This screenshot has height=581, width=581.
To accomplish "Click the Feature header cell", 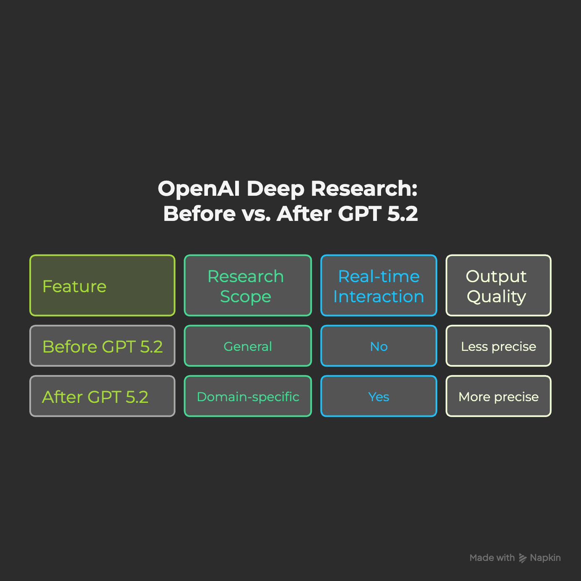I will [x=102, y=285].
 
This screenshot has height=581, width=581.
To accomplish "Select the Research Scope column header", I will [x=248, y=285].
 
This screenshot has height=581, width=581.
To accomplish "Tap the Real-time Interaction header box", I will [x=379, y=285].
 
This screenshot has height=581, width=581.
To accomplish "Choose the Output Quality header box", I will [x=498, y=285].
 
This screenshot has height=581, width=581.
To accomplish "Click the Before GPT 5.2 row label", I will [x=102, y=346].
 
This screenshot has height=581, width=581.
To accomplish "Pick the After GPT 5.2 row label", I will [x=102, y=397].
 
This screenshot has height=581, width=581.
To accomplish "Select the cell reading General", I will [x=248, y=346].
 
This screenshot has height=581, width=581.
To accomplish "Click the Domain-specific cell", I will [x=248, y=397].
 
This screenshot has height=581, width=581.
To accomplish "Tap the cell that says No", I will [x=379, y=346].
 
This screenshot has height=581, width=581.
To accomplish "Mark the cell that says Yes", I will [x=379, y=397].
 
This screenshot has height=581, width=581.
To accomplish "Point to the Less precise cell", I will [x=498, y=346].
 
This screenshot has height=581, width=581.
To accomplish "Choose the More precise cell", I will [x=498, y=397].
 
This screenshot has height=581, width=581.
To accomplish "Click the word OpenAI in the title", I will [x=199, y=189].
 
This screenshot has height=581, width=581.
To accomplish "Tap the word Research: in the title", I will [x=364, y=189].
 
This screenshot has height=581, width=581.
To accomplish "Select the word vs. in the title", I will [x=256, y=214].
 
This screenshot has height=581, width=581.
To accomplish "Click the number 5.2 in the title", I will [x=402, y=214].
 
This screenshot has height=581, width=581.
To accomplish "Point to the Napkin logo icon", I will [x=522, y=558].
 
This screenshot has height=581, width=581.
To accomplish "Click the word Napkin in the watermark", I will [x=545, y=558].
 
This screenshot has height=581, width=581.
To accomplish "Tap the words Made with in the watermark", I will [x=492, y=558].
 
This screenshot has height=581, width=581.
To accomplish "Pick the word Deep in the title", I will [x=275, y=189].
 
